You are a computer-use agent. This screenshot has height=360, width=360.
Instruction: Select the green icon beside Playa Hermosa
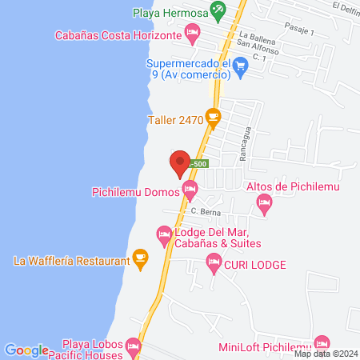pos(214,13)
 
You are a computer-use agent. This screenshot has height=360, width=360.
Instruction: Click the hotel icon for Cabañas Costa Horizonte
pos(192,34)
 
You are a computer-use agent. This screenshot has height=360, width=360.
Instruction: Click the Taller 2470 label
pos(174,121)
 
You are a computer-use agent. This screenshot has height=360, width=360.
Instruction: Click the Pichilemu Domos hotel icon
pos(190,190)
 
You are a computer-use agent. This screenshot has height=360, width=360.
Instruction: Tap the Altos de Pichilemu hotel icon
pos(264,206)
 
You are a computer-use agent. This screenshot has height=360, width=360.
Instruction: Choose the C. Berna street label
pos(205,211)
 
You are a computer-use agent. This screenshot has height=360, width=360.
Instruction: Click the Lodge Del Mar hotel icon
pos(164,235)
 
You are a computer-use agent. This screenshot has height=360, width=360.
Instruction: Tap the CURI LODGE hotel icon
pos(214,261)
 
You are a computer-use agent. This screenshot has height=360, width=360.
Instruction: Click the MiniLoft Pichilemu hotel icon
pos(322,342)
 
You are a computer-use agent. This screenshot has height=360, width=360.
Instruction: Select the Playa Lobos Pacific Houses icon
pos(133,347)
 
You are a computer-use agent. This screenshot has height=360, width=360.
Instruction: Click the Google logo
pos(26,350)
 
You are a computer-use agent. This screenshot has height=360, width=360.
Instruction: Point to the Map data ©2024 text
pos(326,354)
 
